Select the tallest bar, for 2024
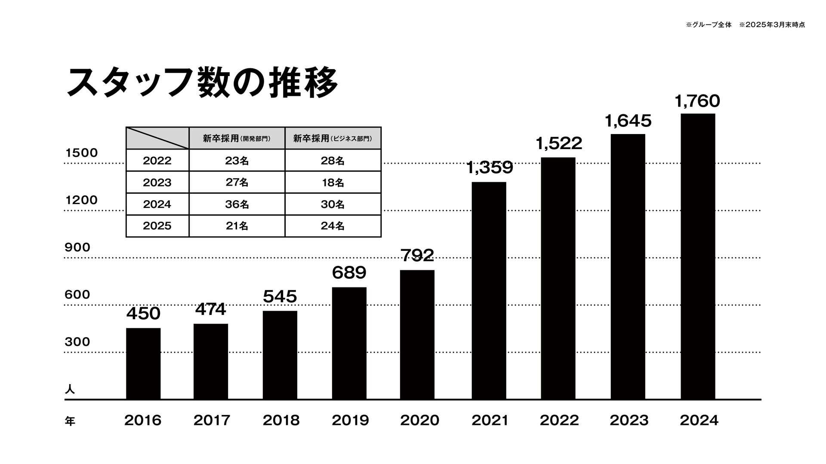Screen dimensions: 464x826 pos(698,256)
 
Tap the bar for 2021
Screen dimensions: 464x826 pos(489,290)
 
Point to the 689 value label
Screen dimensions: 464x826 pos(349,273)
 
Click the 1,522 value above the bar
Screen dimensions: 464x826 pos(559,143)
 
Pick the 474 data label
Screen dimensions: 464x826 pos(211,309)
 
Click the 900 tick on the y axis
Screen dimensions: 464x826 pos(77,247)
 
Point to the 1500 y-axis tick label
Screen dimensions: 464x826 pos(81,153)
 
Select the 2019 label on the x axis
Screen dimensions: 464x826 pos(350,420)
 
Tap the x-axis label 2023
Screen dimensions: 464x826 pos(629,420)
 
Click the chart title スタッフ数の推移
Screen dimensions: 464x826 pos(202,82)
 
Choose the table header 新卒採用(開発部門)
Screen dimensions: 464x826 pos(237,138)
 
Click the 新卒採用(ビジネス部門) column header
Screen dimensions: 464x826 pos(333,138)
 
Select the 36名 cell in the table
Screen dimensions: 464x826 pos(237,205)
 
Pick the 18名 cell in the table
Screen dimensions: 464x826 pos(333,183)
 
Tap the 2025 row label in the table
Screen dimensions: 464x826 pos(157,226)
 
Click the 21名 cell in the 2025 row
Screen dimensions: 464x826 pos(237,226)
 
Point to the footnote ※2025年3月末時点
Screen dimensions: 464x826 pos(772,25)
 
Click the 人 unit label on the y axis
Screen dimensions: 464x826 pos(70,390)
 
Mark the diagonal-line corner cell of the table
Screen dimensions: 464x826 pos(157,138)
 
